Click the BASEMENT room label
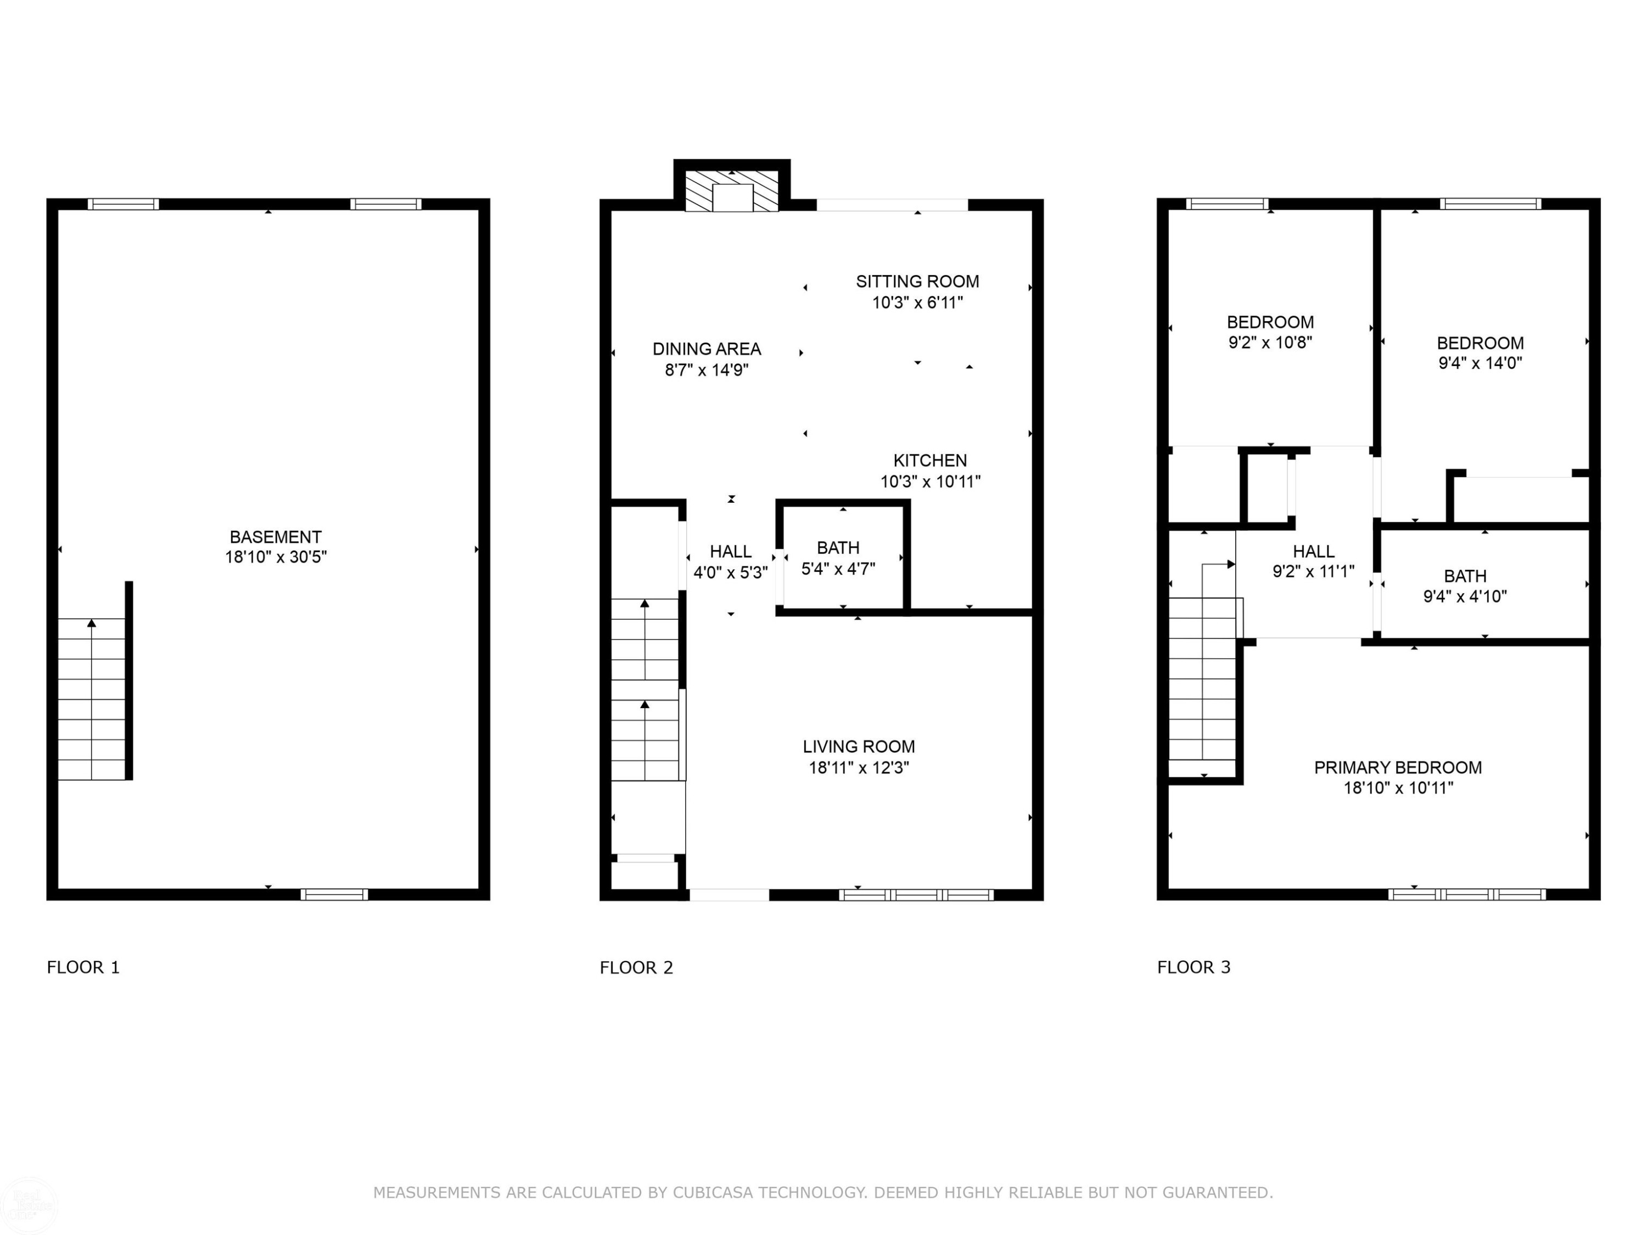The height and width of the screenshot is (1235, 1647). click(x=276, y=537)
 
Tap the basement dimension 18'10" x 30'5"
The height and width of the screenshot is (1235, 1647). click(x=276, y=557)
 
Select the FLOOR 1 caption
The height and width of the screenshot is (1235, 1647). click(x=83, y=967)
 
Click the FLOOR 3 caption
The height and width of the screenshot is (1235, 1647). click(x=1194, y=967)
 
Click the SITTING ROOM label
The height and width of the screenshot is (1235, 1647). click(x=917, y=282)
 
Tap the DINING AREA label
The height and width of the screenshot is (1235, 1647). click(x=707, y=349)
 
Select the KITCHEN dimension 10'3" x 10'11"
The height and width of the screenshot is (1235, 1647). click(x=931, y=481)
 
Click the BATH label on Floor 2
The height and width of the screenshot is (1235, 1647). click(x=838, y=548)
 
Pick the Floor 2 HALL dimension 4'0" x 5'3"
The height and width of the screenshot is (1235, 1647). click(x=730, y=572)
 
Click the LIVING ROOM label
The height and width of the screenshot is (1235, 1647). click(x=859, y=746)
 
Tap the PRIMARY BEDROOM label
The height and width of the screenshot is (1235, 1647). click(x=1398, y=767)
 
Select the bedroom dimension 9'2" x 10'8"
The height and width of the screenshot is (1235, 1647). click(x=1270, y=343)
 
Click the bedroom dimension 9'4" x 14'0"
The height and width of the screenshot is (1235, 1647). click(x=1480, y=363)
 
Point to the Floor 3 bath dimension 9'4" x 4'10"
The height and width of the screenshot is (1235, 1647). click(x=1465, y=596)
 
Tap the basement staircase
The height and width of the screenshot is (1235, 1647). click(x=92, y=699)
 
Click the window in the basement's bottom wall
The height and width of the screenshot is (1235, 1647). click(x=334, y=895)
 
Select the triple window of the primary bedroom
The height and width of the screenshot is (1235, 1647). click(x=1467, y=895)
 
